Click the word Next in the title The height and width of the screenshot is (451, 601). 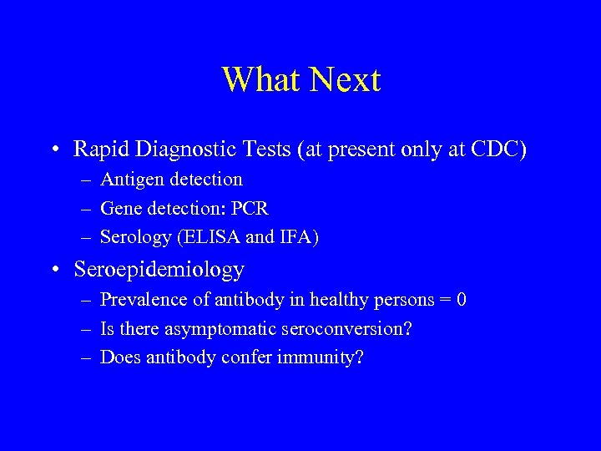coord(345,80)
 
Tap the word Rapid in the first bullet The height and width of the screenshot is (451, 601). coord(97,149)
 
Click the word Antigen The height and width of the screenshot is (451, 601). coord(130,180)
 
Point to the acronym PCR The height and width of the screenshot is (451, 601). coord(250,208)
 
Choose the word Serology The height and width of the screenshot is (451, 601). coord(134,237)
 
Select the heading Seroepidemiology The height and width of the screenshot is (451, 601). coord(159,270)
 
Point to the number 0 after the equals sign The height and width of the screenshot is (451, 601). coord(461,299)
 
